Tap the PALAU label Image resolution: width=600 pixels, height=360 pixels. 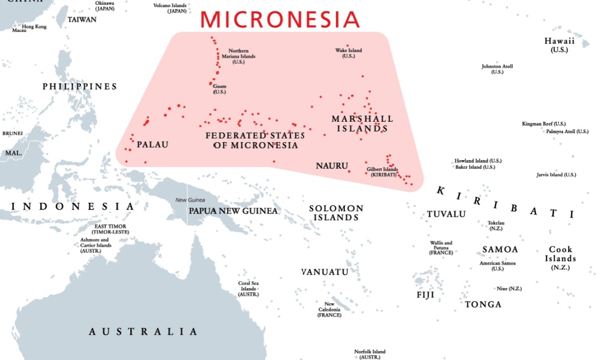(152, 145)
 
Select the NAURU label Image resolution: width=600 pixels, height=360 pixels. (332, 165)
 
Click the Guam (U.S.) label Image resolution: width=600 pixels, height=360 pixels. (220, 89)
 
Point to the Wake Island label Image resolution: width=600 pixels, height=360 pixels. (349, 53)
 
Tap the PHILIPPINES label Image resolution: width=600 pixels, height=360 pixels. (80, 87)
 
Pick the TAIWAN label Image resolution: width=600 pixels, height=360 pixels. (82, 20)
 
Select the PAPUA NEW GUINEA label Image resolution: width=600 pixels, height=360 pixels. (233, 211)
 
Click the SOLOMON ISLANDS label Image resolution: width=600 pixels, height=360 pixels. (336, 212)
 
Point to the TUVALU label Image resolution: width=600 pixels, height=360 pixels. (446, 214)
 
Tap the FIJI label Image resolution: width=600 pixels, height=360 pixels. (425, 295)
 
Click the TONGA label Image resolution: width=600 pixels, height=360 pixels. (483, 305)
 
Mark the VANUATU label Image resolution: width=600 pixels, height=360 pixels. (325, 272)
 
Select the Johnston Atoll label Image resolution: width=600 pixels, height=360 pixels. (497, 69)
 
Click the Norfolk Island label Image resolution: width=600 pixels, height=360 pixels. (370, 354)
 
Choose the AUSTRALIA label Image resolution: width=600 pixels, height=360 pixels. (143, 332)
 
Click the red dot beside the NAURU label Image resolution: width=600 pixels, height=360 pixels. (349, 172)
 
